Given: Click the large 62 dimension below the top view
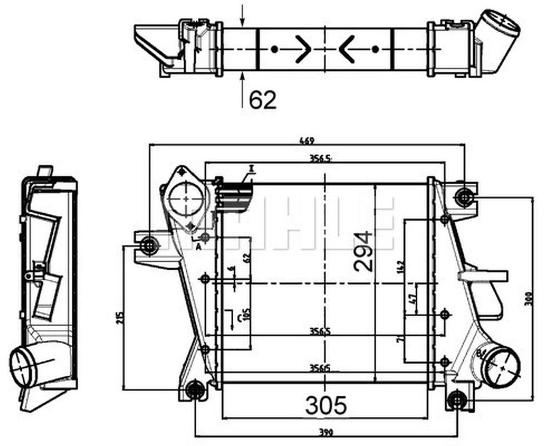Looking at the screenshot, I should pyautogui.click(x=263, y=100).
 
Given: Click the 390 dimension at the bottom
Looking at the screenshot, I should pyautogui.click(x=326, y=432).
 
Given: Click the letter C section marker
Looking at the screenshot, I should pyautogui.click(x=240, y=318).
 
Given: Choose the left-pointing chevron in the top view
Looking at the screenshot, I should pyautogui.click(x=347, y=49).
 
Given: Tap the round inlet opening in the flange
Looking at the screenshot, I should pyautogui.click(x=186, y=199).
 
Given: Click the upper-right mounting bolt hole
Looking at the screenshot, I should pyautogui.click(x=464, y=196).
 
